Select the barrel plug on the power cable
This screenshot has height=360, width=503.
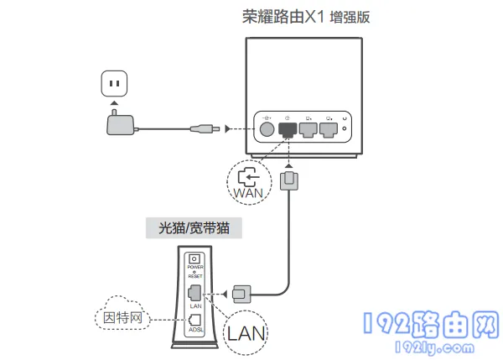[206, 128]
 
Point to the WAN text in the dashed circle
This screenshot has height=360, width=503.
[249, 192]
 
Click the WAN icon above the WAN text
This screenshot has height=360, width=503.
[249, 175]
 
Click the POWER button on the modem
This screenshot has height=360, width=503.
[196, 260]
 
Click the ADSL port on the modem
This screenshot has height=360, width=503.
[195, 320]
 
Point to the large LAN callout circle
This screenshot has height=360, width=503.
[249, 333]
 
